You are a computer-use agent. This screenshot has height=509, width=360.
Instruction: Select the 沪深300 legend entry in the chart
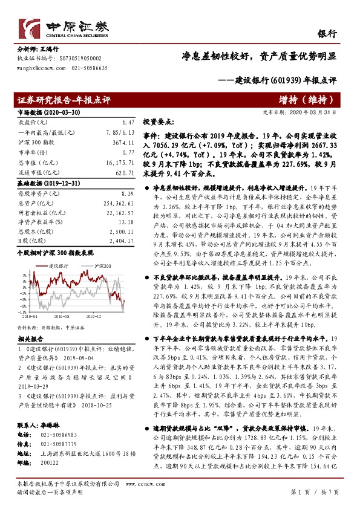click(x=103, y=266)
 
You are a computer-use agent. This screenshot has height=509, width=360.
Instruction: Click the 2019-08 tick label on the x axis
click(x=62, y=315)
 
